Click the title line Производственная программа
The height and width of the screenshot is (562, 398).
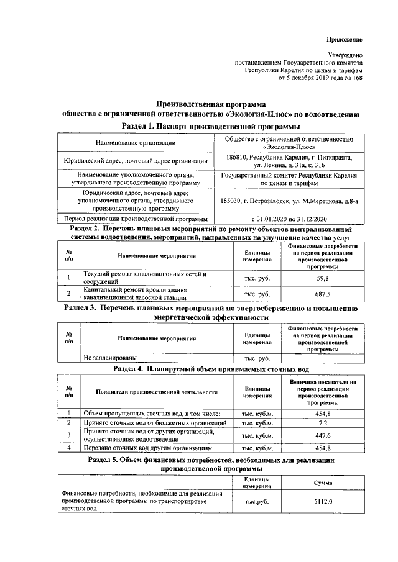[x=210, y=104]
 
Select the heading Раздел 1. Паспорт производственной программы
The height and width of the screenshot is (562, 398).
[x=211, y=126]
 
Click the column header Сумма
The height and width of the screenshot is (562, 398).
[x=323, y=483]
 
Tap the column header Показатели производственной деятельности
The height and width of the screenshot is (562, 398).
[x=156, y=392]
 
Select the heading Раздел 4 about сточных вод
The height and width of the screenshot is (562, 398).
[x=211, y=368]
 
